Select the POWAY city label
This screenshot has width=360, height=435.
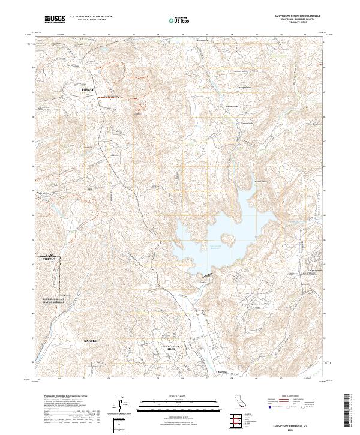[x=88, y=88]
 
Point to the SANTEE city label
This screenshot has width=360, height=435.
[x=90, y=340]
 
